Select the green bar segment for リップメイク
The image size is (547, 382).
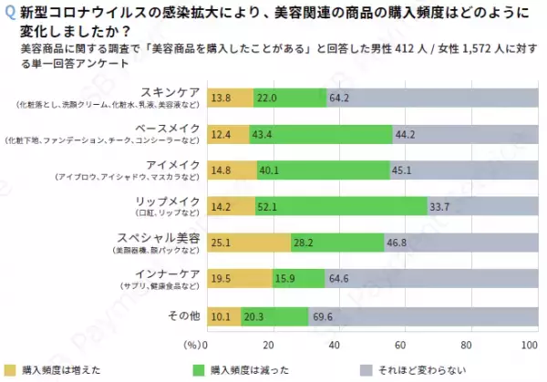pos(339,206)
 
